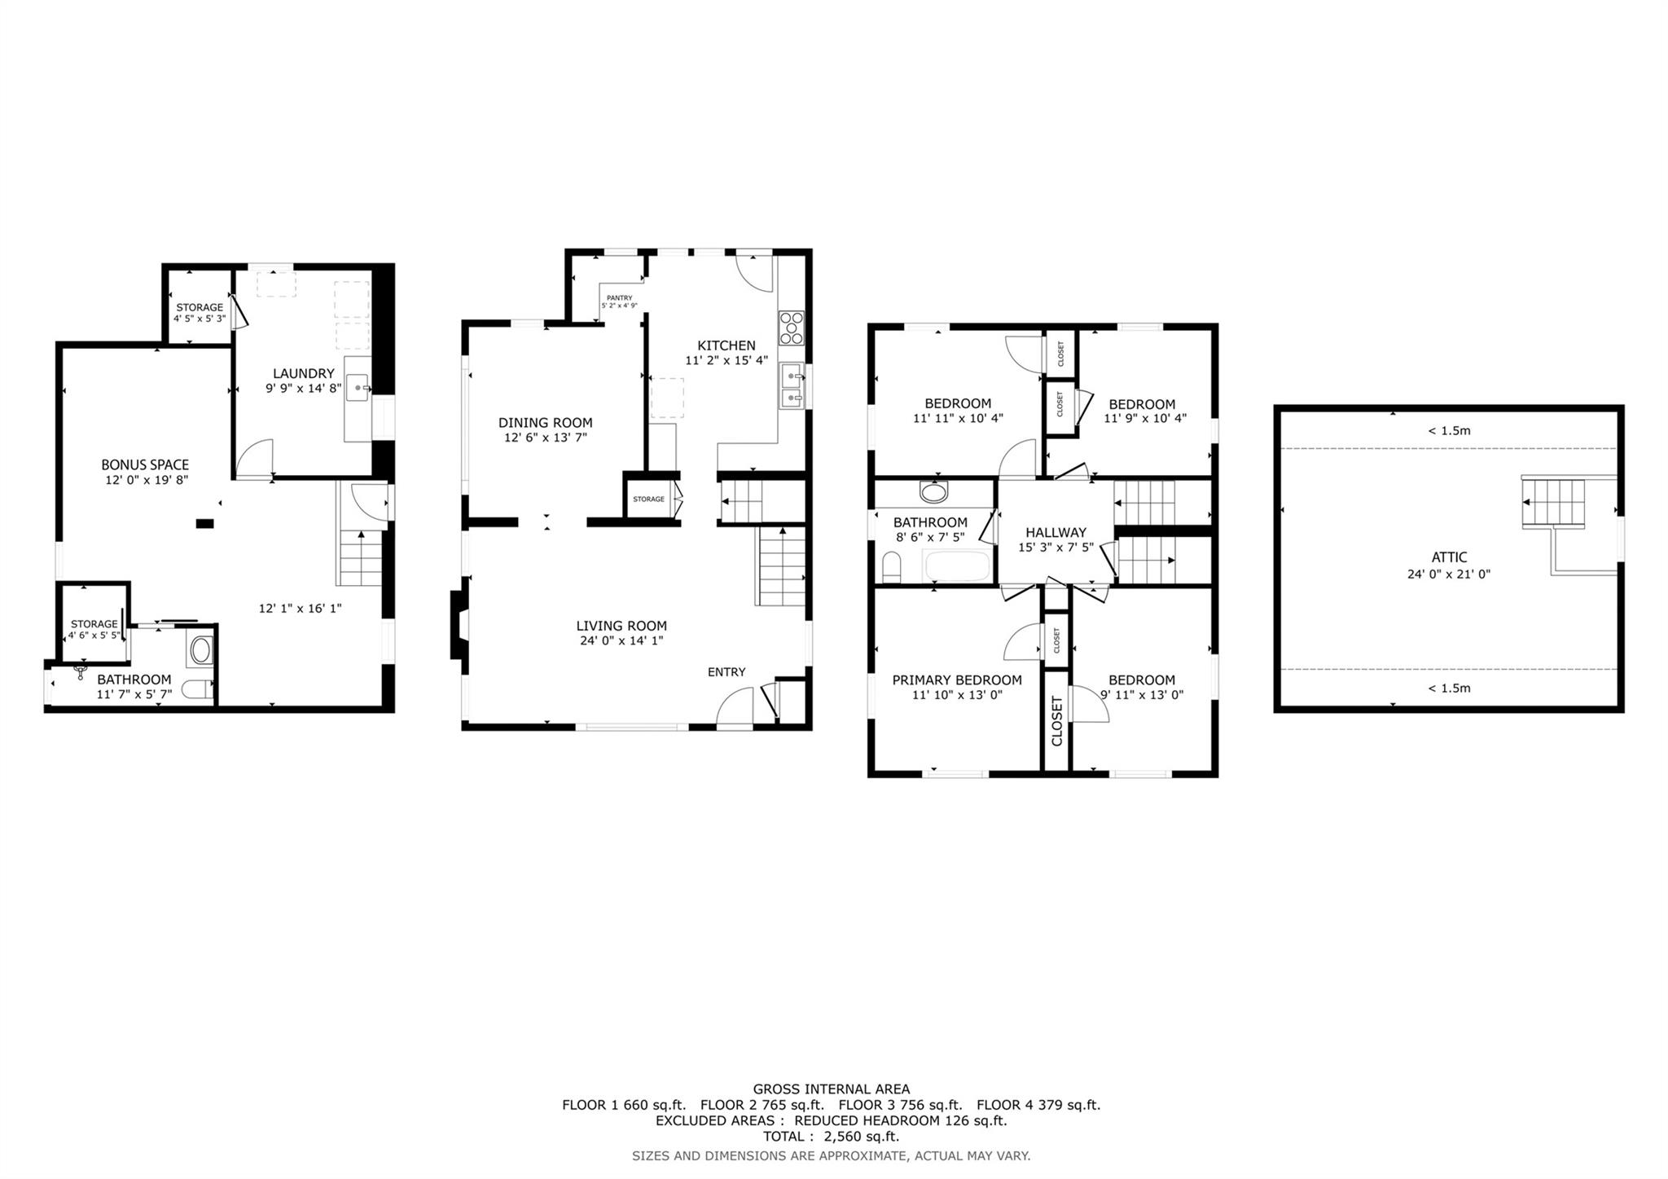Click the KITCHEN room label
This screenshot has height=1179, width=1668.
(726, 345)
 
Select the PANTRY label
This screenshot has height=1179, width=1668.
(619, 298)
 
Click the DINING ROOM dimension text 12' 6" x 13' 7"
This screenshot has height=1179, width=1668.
(545, 438)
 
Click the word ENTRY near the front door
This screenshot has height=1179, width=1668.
(726, 672)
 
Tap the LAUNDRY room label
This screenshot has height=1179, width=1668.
(303, 374)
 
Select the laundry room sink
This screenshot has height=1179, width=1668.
(358, 388)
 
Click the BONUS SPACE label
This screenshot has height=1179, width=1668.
(145, 465)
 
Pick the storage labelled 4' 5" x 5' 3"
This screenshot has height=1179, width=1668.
(199, 313)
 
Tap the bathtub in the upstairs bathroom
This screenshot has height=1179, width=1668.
(958, 565)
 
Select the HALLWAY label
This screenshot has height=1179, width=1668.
(1056, 533)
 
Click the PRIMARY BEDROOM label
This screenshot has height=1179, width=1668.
(956, 680)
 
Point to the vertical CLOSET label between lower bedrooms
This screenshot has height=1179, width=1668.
(1057, 721)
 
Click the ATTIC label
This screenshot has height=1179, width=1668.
(1449, 558)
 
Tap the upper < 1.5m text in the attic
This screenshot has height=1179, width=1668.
(1449, 431)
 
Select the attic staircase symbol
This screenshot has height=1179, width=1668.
(1554, 504)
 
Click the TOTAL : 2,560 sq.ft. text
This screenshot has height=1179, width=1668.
(831, 1137)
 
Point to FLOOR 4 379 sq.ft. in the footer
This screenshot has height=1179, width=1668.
(1038, 1106)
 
